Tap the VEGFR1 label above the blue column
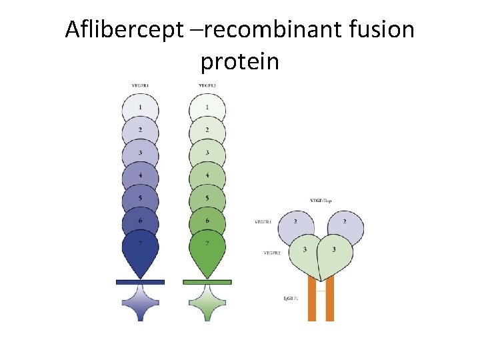click(140, 85)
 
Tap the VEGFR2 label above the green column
click(207, 85)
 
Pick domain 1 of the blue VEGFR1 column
click(140, 107)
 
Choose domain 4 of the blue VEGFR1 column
click(140, 176)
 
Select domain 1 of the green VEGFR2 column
click(207, 107)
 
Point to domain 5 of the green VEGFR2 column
click(207, 199)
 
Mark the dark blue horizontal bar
click(140, 282)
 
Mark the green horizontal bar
click(207, 282)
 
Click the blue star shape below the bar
click(140, 303)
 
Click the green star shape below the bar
click(207, 303)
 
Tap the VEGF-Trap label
click(322, 200)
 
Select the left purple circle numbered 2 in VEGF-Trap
click(295, 223)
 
